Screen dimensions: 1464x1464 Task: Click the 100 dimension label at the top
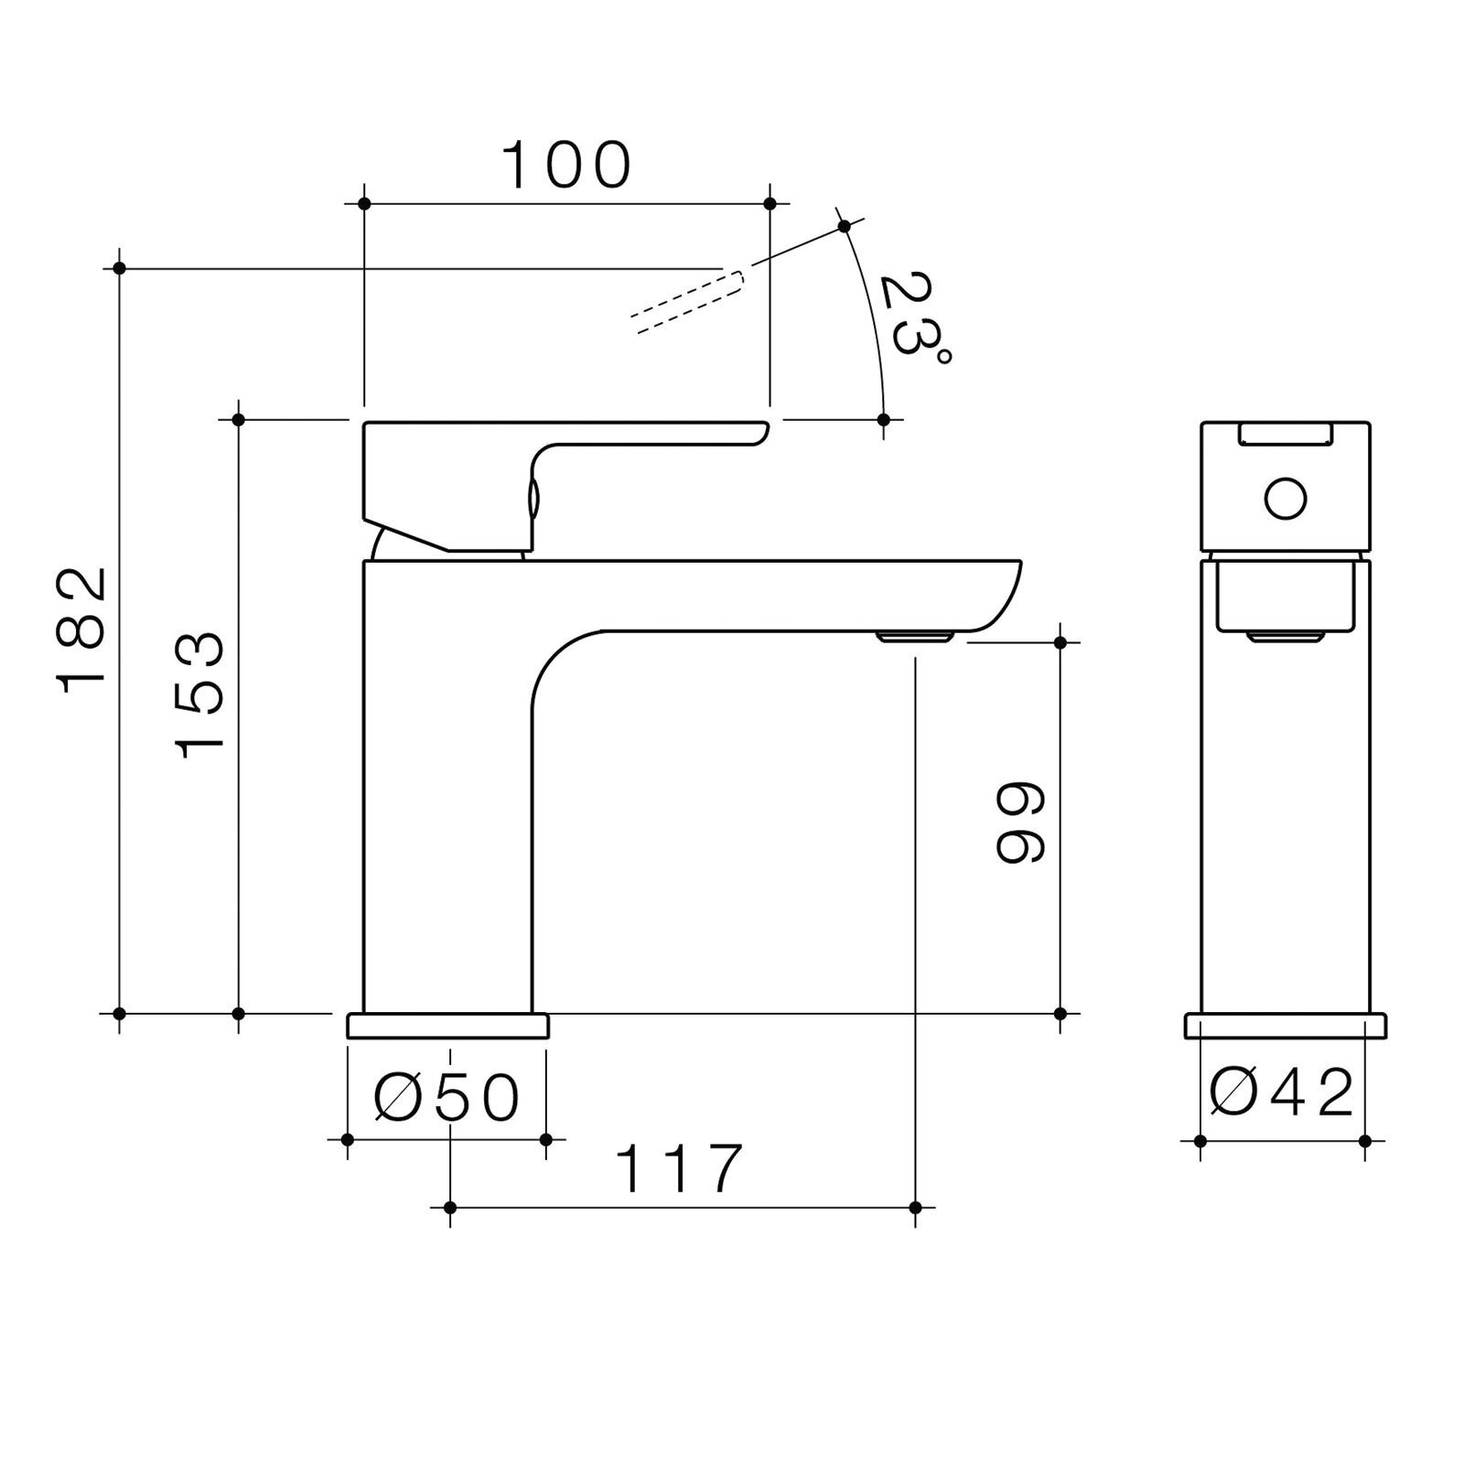click(567, 165)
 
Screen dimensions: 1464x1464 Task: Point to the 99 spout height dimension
click(1019, 822)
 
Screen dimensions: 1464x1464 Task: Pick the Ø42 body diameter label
click(1281, 1092)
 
